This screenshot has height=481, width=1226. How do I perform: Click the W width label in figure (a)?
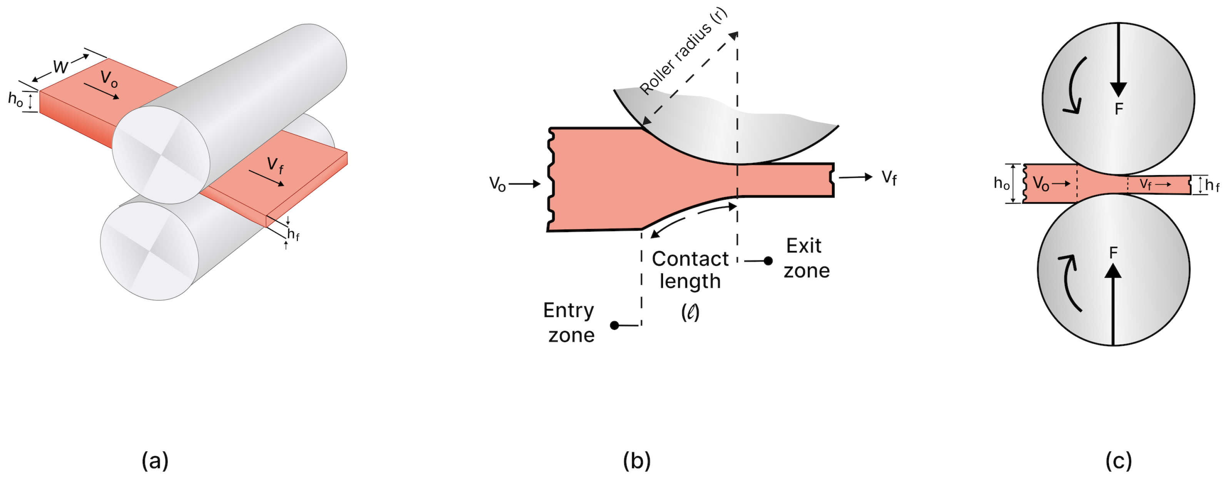pos(60,67)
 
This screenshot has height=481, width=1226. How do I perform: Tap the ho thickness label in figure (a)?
pos(15,99)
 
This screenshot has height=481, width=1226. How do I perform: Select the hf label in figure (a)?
pos(293,235)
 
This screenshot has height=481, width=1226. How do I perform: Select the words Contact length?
pos(690,270)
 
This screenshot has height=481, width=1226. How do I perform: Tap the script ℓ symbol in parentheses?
pos(690,312)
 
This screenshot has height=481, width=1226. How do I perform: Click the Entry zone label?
pos(569,322)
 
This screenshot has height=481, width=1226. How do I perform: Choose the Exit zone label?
pos(806,258)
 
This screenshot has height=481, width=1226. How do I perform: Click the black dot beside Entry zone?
pos(615,326)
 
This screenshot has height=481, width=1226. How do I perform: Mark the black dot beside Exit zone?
pos(768,261)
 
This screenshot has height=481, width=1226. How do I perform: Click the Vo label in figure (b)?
pos(497,184)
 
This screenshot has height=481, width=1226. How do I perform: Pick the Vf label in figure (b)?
pos(889,178)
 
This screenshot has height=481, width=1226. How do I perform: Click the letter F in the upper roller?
pos(1119,109)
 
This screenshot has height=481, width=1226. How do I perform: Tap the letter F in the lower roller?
pos(1113,253)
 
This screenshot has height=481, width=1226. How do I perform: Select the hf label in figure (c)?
pos(1212,185)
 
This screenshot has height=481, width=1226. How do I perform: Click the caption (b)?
pos(637,461)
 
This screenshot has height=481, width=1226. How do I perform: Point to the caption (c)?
pos(1118,461)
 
